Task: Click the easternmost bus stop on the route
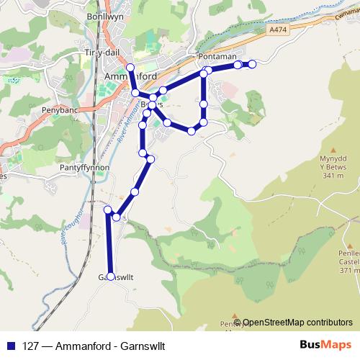[252, 65]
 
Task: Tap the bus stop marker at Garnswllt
[110, 276]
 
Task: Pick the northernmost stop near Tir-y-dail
[130, 68]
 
